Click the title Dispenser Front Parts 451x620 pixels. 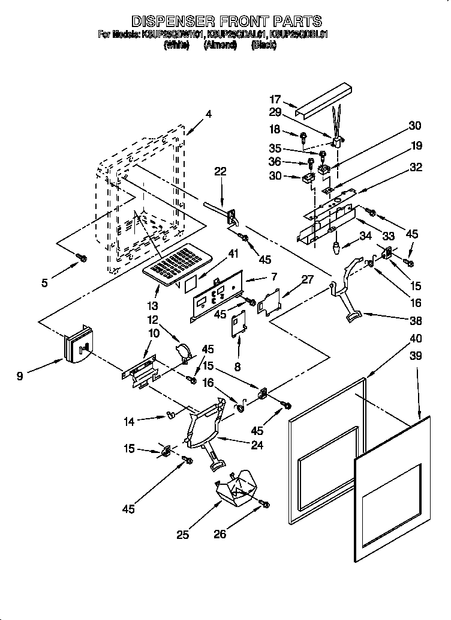[x=226, y=22]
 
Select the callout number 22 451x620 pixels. [x=221, y=172]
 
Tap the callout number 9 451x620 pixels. [x=20, y=377]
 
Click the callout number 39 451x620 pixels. [x=415, y=356]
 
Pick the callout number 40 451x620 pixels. [x=415, y=339]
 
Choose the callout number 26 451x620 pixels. [x=220, y=533]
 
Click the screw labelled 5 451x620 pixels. [x=83, y=258]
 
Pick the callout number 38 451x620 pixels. [x=415, y=320]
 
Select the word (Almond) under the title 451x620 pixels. [x=220, y=44]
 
